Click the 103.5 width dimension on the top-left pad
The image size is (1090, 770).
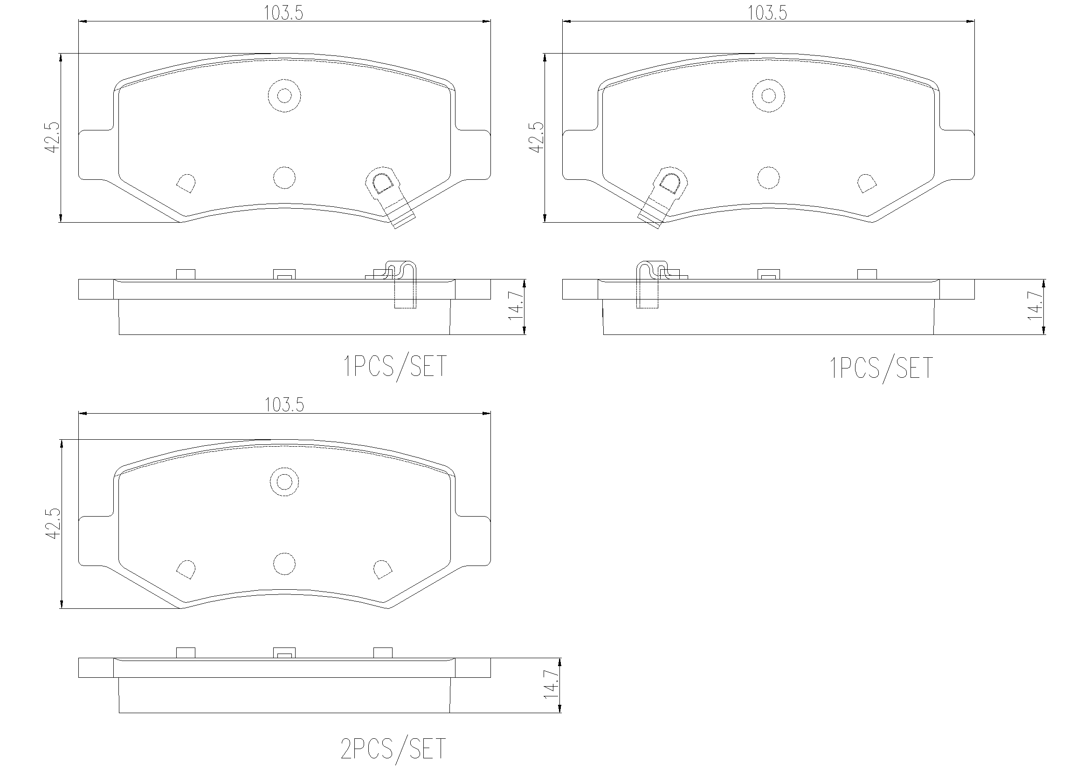pyautogui.click(x=283, y=14)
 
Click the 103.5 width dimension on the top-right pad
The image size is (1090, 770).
pyautogui.click(x=768, y=14)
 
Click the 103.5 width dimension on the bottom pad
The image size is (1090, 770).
pyautogui.click(x=284, y=405)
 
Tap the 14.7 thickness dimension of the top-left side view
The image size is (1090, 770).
pyautogui.click(x=516, y=307)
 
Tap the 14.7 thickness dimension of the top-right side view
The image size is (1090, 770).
pyautogui.click(x=1035, y=307)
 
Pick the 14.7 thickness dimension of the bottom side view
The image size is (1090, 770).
pyautogui.click(x=551, y=685)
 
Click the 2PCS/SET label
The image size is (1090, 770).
pyautogui.click(x=393, y=749)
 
